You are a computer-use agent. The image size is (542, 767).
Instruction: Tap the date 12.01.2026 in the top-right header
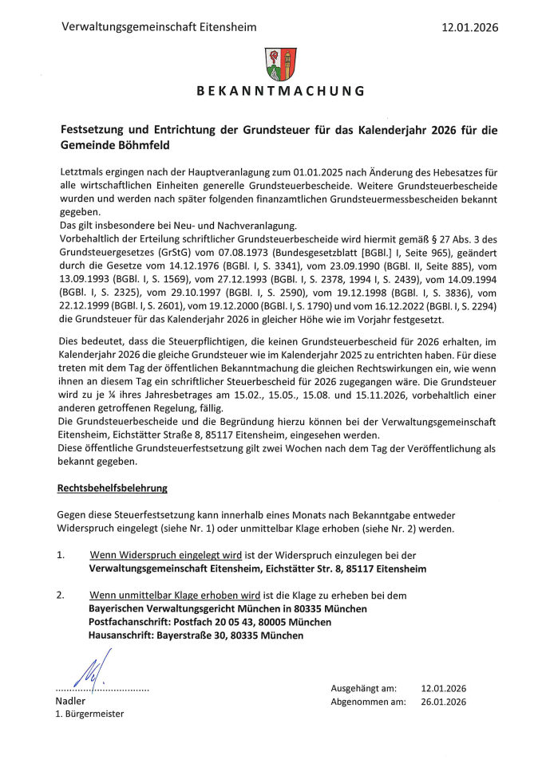(469, 27)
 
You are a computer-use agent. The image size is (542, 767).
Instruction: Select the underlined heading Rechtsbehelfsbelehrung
(112, 486)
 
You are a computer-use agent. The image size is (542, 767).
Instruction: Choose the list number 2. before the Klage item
(61, 595)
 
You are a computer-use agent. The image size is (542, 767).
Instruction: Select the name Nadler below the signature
(70, 700)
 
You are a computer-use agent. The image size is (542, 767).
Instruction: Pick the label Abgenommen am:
(363, 702)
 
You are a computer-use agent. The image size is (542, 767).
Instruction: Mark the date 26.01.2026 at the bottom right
(443, 702)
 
